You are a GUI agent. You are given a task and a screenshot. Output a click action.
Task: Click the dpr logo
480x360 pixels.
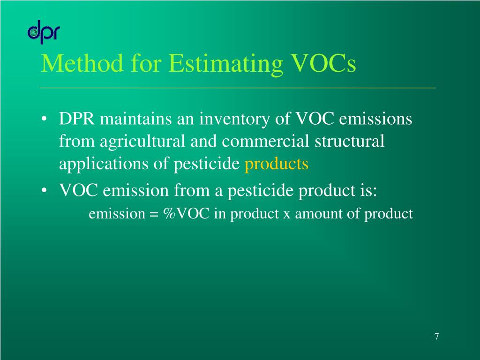(43, 33)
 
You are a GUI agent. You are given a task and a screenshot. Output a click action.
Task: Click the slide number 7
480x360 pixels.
(436, 337)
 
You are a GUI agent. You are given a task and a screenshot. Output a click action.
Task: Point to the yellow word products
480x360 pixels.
(277, 164)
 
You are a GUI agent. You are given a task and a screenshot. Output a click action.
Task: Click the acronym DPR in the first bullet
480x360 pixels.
(77, 119)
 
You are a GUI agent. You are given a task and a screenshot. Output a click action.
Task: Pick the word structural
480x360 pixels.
(349, 142)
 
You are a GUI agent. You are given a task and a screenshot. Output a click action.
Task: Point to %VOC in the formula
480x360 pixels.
(187, 214)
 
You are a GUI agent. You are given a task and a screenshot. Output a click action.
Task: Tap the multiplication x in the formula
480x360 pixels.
(286, 215)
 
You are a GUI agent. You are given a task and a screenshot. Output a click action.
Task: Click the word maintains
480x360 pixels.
(135, 119)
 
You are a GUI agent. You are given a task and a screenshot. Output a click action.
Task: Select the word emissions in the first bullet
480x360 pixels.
(375, 119)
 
